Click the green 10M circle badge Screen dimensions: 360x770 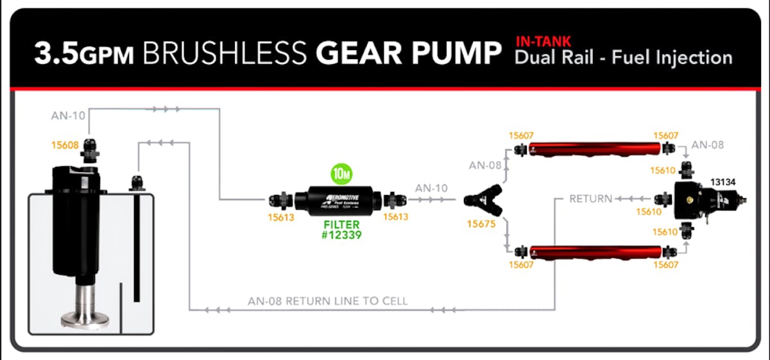coord(341,173)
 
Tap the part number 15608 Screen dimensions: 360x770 coord(64,146)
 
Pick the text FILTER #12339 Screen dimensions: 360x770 coord(341,230)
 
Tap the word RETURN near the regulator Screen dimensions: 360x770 coord(590,199)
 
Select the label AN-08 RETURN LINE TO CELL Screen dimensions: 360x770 coord(327,301)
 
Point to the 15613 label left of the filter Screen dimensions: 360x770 coord(280,218)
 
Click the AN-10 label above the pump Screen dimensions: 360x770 coord(67,116)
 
